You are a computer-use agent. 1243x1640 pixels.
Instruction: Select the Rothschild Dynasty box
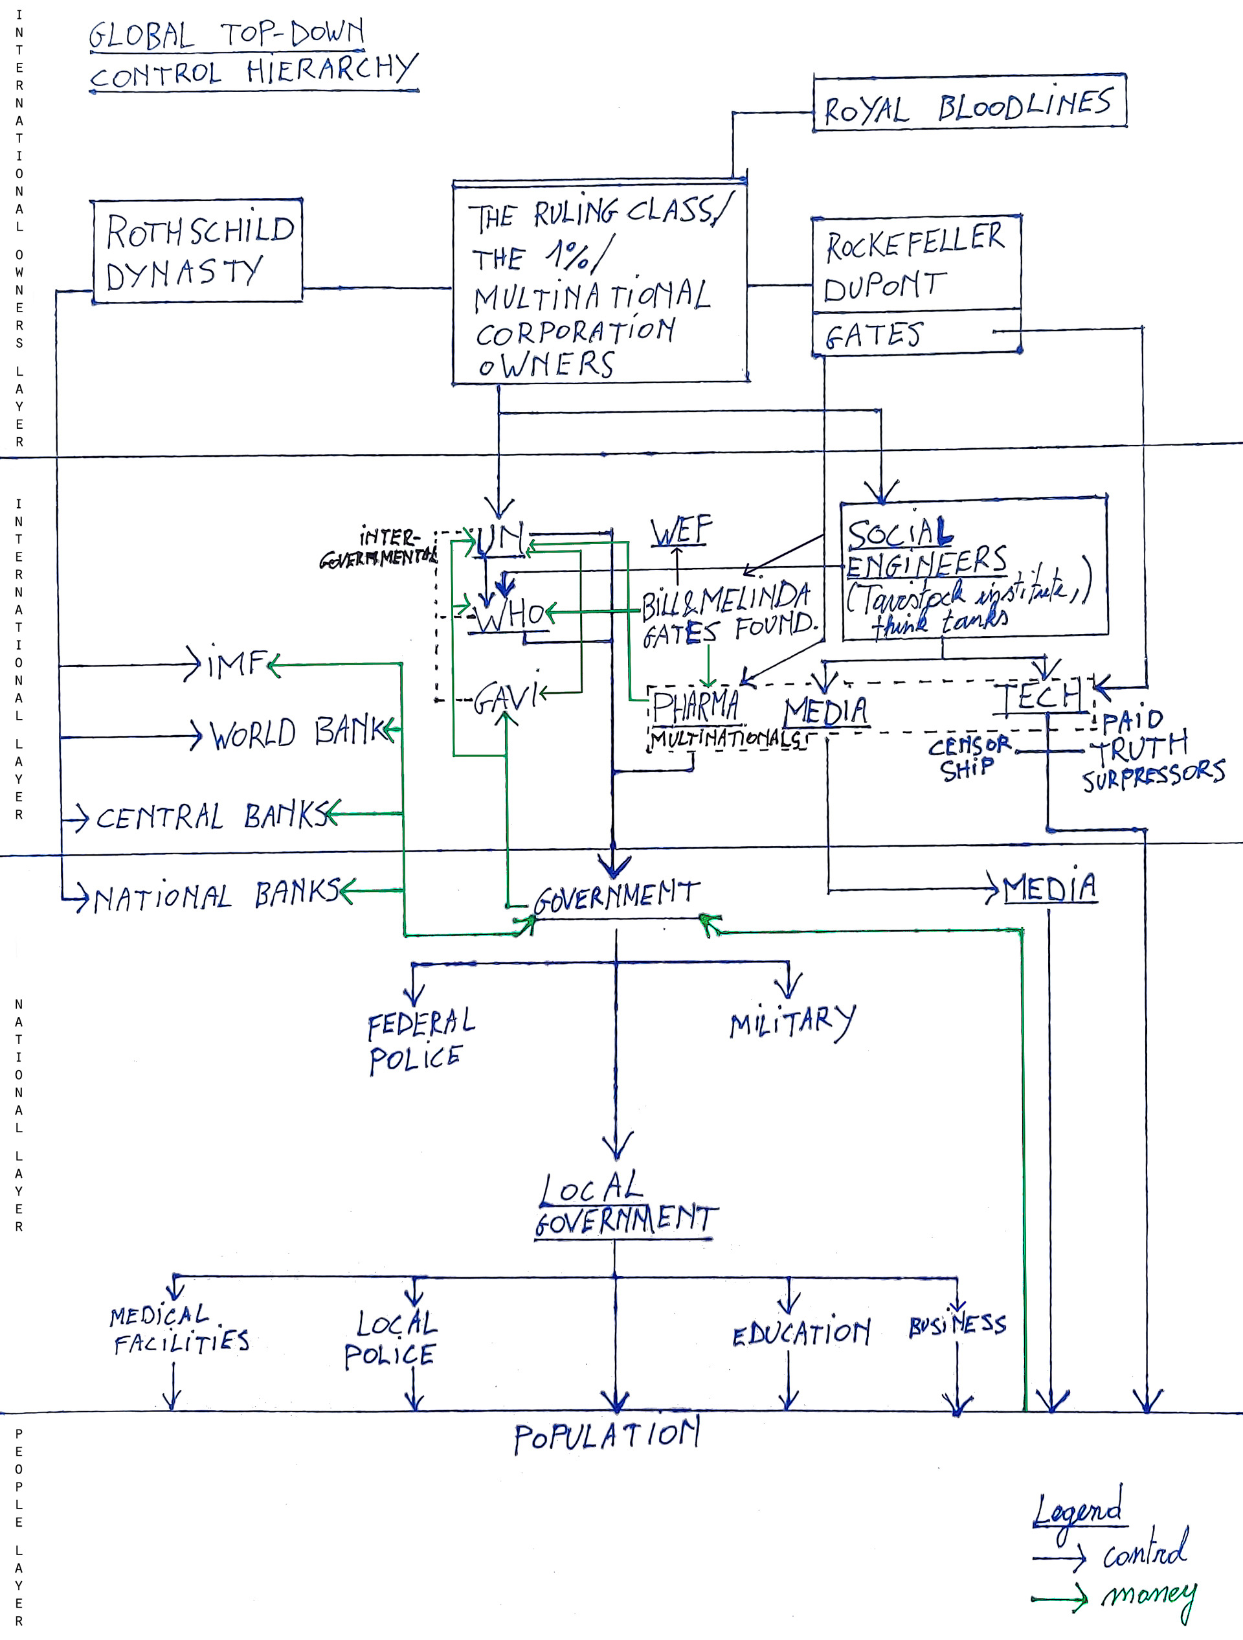[x=197, y=251]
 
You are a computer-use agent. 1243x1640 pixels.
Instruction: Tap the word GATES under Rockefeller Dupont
[x=875, y=335]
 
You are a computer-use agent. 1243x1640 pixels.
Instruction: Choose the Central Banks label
[x=211, y=816]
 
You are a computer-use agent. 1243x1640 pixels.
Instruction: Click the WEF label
[x=680, y=531]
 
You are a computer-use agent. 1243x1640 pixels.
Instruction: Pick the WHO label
[x=511, y=615]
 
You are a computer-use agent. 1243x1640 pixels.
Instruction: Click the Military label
[x=792, y=1023]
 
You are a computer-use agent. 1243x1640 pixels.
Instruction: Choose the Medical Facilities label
[x=180, y=1329]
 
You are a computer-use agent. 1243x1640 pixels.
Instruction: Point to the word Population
[x=607, y=1438]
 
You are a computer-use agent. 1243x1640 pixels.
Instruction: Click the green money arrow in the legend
[x=1059, y=1599]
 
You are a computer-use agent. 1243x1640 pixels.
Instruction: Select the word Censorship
[x=968, y=757]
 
